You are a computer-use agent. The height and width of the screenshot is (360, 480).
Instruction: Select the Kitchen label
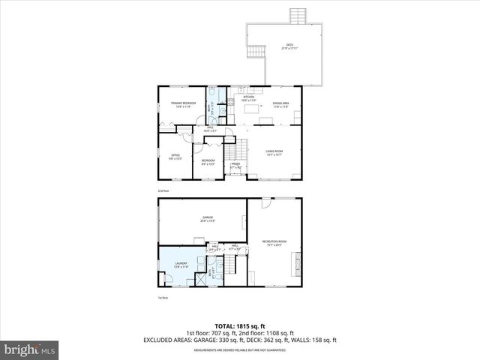tap(248, 98)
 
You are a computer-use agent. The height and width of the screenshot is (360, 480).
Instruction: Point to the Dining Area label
tap(281, 106)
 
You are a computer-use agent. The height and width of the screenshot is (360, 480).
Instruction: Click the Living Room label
tap(274, 153)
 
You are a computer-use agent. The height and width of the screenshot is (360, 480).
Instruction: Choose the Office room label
tap(175, 157)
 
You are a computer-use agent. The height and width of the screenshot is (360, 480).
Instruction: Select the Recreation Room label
tap(274, 243)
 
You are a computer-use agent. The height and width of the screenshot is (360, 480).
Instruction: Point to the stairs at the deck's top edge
tap(298, 16)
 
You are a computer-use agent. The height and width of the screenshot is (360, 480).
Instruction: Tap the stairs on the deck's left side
tap(256, 52)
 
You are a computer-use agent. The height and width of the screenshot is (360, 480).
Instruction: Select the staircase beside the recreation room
tap(237, 264)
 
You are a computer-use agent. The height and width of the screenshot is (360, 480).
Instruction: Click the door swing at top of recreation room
tap(265, 203)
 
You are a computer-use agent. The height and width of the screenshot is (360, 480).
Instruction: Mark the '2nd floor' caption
tap(163, 191)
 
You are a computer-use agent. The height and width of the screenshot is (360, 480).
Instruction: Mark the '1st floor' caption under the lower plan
tap(162, 298)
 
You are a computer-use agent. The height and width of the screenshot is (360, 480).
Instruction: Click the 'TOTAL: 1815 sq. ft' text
tap(239, 326)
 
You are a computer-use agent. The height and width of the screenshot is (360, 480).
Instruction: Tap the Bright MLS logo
tap(30, 349)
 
